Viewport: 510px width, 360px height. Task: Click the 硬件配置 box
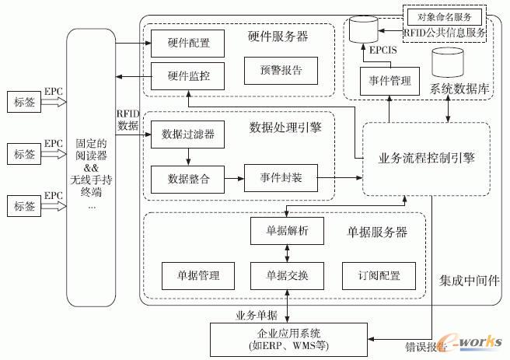[x=183, y=41]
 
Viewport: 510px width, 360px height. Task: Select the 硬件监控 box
[x=183, y=76]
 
